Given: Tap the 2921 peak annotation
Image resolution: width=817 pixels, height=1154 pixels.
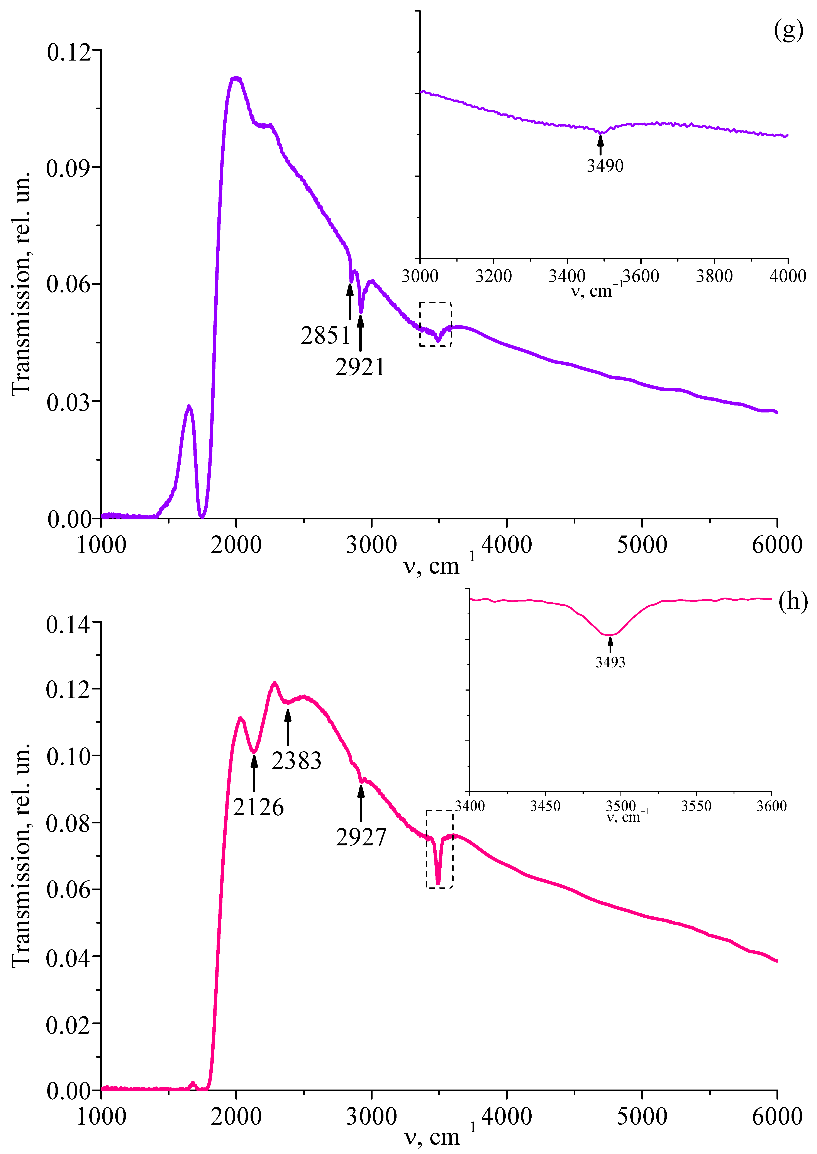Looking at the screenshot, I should (x=360, y=367).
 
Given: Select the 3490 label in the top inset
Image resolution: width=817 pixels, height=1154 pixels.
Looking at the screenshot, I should (x=605, y=166).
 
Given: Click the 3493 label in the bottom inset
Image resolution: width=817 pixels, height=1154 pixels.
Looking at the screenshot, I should (x=610, y=662).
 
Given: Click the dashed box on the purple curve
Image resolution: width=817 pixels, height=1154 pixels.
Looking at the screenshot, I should (x=436, y=324).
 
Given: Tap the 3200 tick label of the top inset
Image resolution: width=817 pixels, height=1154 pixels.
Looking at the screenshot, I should (x=493, y=276).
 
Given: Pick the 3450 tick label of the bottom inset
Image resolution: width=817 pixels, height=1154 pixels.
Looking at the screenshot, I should (x=545, y=806).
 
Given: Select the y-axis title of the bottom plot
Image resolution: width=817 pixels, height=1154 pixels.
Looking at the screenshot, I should (x=21, y=855).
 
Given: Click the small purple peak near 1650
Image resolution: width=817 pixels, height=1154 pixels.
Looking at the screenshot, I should (x=189, y=407).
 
